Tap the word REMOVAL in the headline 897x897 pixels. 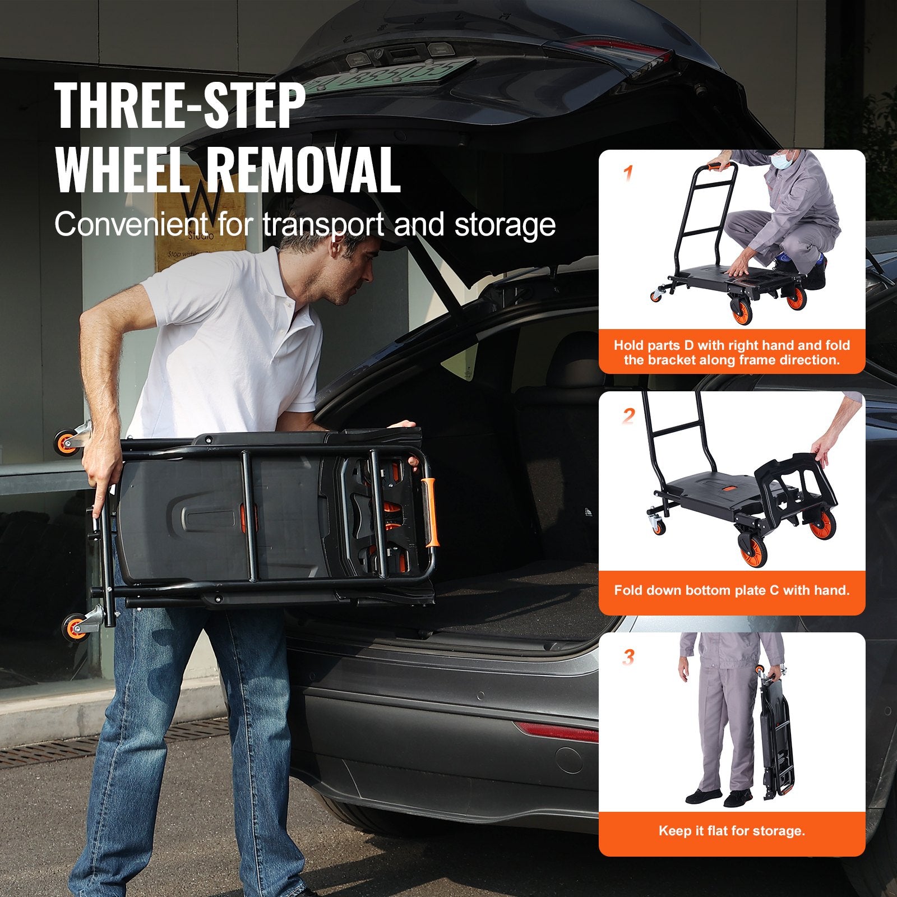click(x=303, y=169)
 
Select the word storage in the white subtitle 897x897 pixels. click(x=505, y=224)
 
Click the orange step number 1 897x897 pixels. click(x=628, y=174)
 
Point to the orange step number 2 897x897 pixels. click(x=628, y=416)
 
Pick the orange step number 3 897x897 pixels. click(x=628, y=657)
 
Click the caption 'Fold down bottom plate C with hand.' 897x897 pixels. click(x=732, y=590)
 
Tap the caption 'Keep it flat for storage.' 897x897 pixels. click(x=732, y=831)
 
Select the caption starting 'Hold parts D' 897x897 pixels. click(x=732, y=353)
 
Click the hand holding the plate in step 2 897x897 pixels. click(x=824, y=449)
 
